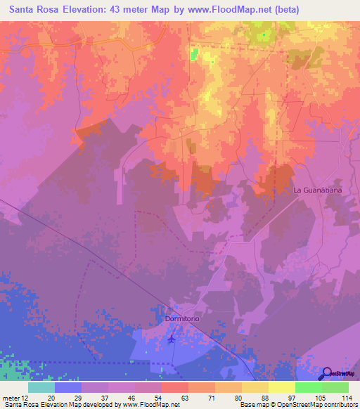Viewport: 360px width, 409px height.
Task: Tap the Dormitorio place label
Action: click(183, 318)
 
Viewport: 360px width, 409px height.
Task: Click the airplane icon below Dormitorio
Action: click(172, 339)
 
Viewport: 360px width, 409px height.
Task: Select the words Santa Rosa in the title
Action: click(34, 10)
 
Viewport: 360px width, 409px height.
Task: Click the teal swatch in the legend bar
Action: click(41, 387)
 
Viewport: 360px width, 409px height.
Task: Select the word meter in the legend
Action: click(11, 397)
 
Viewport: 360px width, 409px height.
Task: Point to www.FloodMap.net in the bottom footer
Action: click(149, 405)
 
